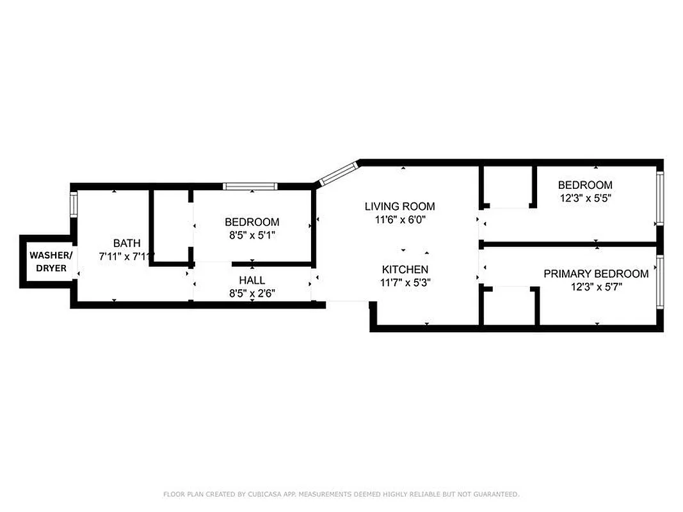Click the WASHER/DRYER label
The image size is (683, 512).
tap(51, 262)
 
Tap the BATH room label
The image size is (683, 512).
tap(127, 243)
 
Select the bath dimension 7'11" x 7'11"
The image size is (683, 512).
tap(127, 256)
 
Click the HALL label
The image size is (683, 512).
tap(252, 280)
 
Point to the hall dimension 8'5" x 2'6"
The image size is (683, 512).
tap(252, 293)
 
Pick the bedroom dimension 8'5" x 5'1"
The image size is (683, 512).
tap(252, 235)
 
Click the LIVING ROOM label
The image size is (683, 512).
tap(399, 206)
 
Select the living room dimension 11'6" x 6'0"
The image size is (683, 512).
tap(399, 219)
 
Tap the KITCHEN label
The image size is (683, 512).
tap(405, 269)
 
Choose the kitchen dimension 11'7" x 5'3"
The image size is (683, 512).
tap(405, 282)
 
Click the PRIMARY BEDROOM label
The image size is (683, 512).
tap(595, 274)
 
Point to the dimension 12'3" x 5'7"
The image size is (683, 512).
tap(595, 287)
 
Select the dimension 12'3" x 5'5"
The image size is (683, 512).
tap(586, 198)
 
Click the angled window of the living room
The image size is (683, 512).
tap(338, 174)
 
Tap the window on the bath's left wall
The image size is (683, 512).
tap(74, 204)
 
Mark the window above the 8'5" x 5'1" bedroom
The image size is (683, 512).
tap(250, 186)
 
